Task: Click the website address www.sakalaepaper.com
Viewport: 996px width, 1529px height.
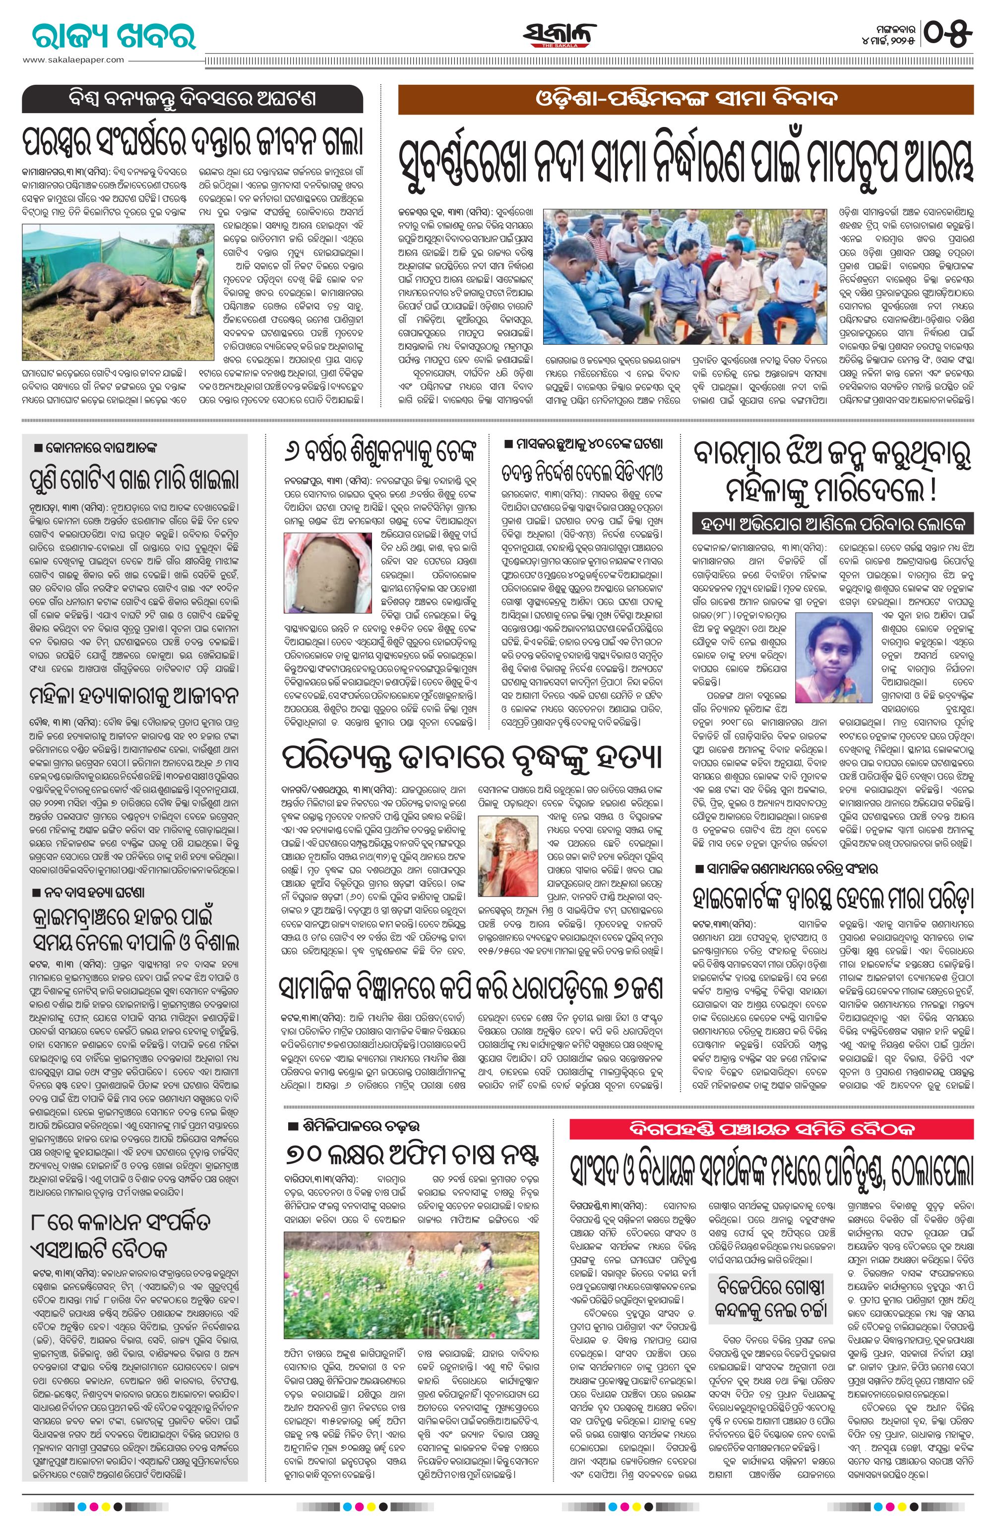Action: [73, 60]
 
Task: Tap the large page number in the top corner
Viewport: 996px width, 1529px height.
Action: [950, 33]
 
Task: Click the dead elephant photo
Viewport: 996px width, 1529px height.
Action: [118, 291]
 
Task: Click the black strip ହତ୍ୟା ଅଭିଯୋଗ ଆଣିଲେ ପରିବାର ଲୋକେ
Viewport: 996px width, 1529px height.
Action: [833, 524]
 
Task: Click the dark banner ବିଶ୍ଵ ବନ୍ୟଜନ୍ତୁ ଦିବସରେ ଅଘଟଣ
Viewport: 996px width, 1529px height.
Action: [192, 100]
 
